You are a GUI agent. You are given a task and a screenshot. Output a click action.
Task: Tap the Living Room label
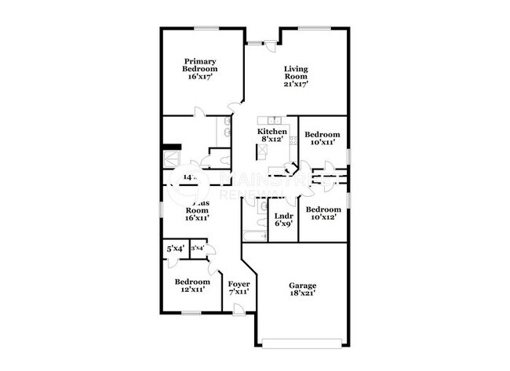[x=295, y=75]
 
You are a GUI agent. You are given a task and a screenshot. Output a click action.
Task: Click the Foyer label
[x=239, y=287]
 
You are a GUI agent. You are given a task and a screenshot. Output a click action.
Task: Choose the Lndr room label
[x=283, y=219]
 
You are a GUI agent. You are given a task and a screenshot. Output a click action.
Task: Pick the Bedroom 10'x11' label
[x=322, y=138]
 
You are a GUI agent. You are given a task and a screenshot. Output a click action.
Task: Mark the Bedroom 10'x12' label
[x=323, y=213]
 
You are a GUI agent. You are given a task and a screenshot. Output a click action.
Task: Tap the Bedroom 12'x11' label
[x=192, y=285]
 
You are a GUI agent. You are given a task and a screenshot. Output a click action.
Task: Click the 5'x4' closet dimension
[x=175, y=249]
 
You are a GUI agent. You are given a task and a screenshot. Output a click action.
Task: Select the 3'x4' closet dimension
[x=197, y=249]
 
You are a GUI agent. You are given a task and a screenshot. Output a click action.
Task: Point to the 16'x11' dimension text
[x=197, y=218]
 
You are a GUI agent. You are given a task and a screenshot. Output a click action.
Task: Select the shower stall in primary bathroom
[x=172, y=158]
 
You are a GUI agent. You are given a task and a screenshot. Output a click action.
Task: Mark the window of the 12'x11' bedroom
[x=191, y=313]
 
